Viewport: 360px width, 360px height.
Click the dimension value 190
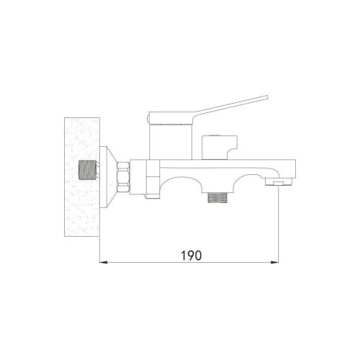pos(190,256)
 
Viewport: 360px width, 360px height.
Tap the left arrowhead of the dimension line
pos(102,263)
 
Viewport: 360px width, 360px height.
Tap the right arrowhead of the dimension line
pos(277,263)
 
